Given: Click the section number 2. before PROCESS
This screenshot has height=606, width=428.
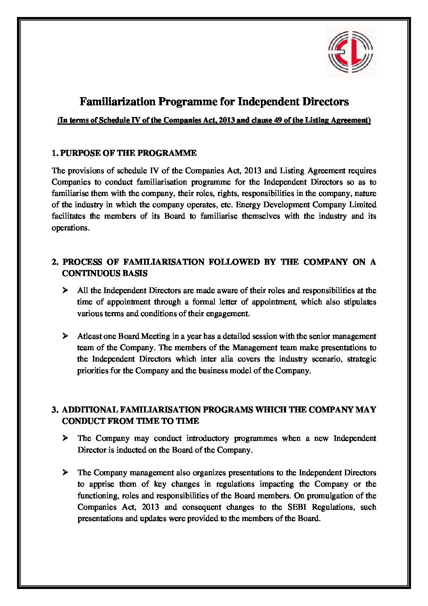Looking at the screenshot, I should (x=55, y=262).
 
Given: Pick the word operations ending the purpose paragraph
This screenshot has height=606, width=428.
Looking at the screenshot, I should (x=69, y=228).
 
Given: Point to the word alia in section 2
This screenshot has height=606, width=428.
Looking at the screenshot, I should (x=227, y=359).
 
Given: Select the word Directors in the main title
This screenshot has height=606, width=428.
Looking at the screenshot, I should (x=326, y=101).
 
